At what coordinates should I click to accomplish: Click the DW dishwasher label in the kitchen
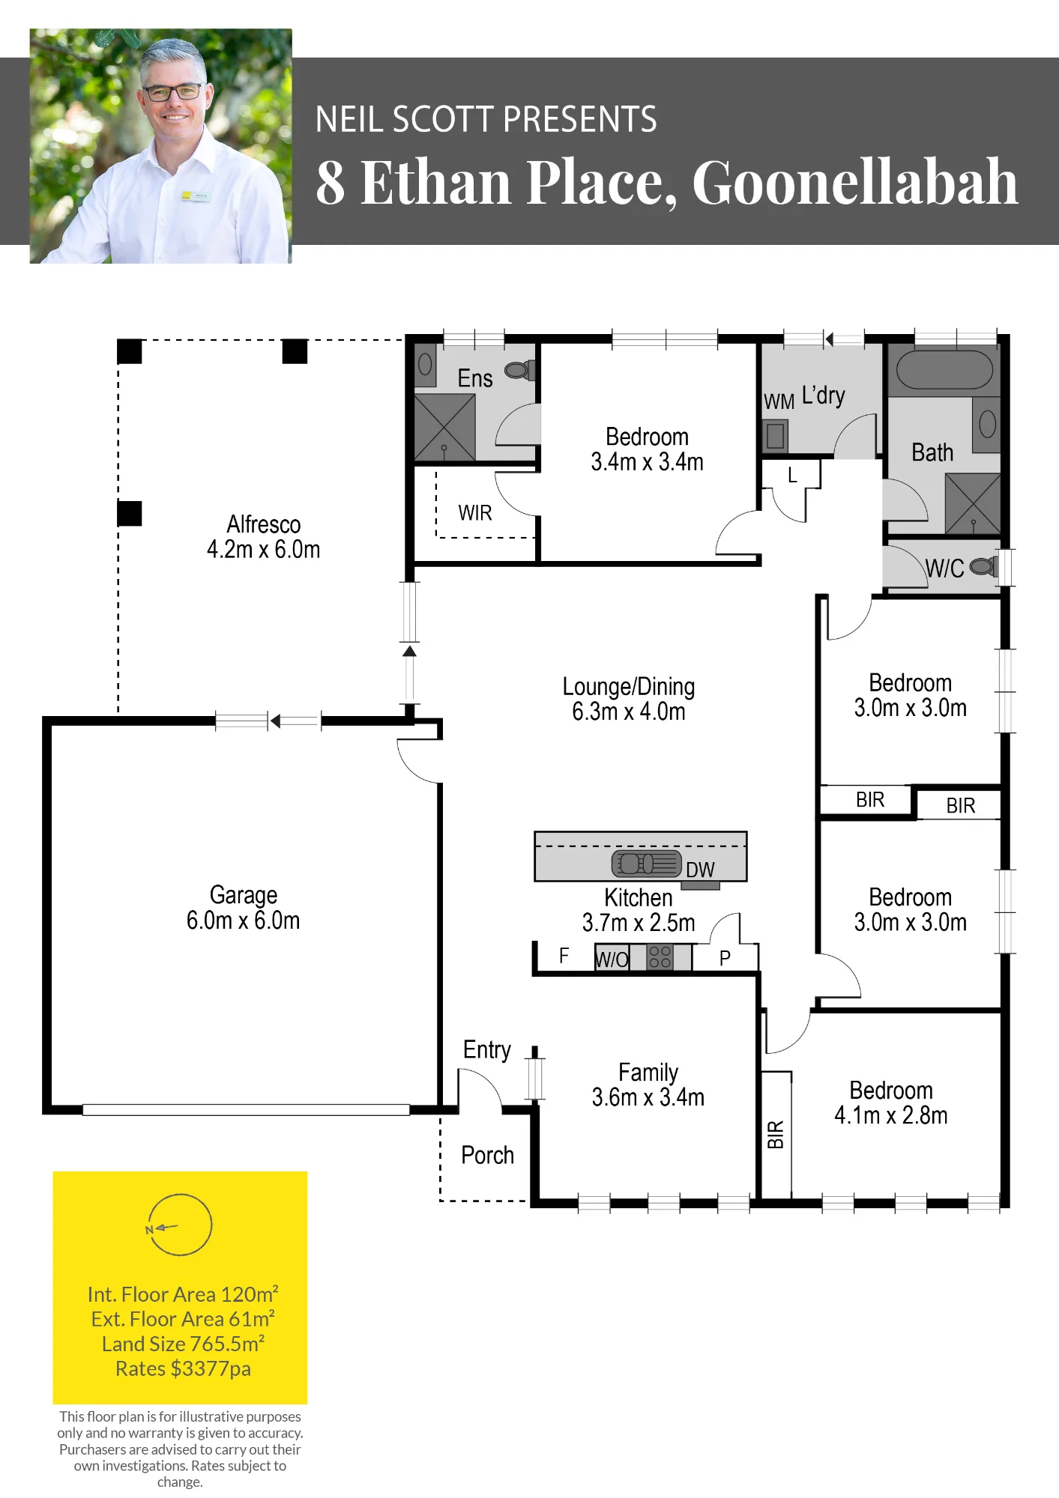tap(700, 870)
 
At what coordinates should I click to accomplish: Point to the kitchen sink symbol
tap(647, 864)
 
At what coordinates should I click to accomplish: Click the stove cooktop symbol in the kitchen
tap(660, 956)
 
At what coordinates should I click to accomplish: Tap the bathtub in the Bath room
tap(944, 369)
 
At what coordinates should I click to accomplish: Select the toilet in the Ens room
tap(519, 369)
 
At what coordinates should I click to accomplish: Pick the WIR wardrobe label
tap(475, 513)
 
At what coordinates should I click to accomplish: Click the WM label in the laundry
tap(779, 401)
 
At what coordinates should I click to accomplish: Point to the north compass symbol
tap(180, 1225)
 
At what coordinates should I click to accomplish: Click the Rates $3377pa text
tap(183, 1368)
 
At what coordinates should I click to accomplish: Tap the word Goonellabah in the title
tap(855, 182)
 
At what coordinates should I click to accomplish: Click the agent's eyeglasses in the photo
tap(172, 93)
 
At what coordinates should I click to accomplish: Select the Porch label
tap(488, 1155)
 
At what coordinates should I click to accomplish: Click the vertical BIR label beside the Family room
tap(776, 1134)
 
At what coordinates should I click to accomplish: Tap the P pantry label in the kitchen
tap(725, 958)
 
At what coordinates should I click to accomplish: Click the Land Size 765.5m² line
tap(183, 1344)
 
